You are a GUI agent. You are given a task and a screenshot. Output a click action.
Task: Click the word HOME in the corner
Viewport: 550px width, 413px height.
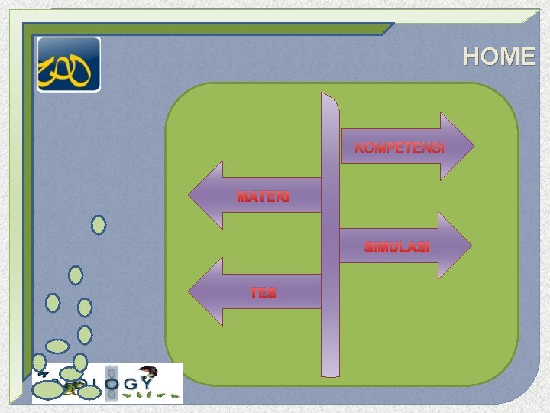tap(500, 57)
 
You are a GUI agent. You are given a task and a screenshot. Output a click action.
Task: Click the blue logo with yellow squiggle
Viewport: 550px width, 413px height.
tap(69, 64)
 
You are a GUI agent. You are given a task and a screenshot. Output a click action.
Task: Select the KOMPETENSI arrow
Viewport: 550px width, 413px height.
tap(405, 145)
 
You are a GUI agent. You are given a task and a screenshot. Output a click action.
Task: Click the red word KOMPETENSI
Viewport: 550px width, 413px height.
tap(400, 148)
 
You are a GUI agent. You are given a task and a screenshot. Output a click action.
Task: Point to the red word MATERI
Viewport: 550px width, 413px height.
tap(263, 197)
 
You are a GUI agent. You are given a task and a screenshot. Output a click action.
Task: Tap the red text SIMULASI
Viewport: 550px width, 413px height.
tap(396, 248)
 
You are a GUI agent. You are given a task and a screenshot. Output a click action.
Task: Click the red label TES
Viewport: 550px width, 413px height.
tap(262, 293)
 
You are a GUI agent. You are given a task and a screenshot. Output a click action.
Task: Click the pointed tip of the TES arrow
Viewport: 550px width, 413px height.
tap(190, 292)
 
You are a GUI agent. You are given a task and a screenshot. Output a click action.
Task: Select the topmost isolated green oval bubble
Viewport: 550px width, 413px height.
tap(99, 225)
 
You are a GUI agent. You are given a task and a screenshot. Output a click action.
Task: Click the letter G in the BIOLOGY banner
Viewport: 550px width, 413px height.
tap(130, 383)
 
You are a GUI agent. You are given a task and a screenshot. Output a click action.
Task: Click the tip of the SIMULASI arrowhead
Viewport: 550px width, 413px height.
tap(471, 245)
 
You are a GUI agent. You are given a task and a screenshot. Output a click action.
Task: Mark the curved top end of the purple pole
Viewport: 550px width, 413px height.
tap(328, 98)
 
